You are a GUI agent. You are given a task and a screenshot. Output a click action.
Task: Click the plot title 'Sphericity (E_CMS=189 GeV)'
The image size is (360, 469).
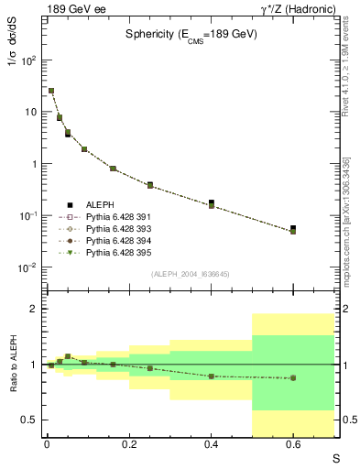191,34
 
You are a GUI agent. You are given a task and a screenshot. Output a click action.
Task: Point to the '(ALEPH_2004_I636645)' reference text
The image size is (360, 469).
191,273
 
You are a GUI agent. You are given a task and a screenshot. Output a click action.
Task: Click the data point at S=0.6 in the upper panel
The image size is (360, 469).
293,230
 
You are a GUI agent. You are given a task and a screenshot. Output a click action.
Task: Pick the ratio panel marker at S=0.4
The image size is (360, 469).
212,376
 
